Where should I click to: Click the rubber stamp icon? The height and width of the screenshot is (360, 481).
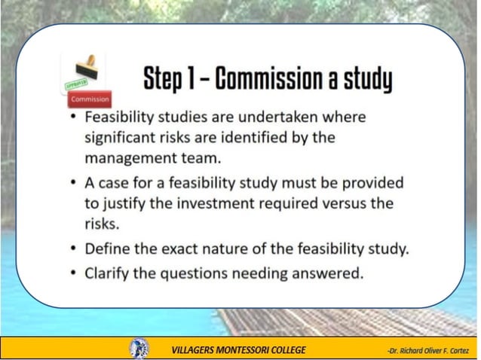point(84,70)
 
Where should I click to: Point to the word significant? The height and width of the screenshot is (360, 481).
point(124,139)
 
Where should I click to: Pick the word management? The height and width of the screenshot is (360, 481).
point(133,158)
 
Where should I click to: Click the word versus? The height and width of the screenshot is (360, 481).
point(347,203)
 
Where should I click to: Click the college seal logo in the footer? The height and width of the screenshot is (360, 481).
point(139,348)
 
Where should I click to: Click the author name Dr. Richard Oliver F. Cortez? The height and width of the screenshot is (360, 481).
point(427,349)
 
